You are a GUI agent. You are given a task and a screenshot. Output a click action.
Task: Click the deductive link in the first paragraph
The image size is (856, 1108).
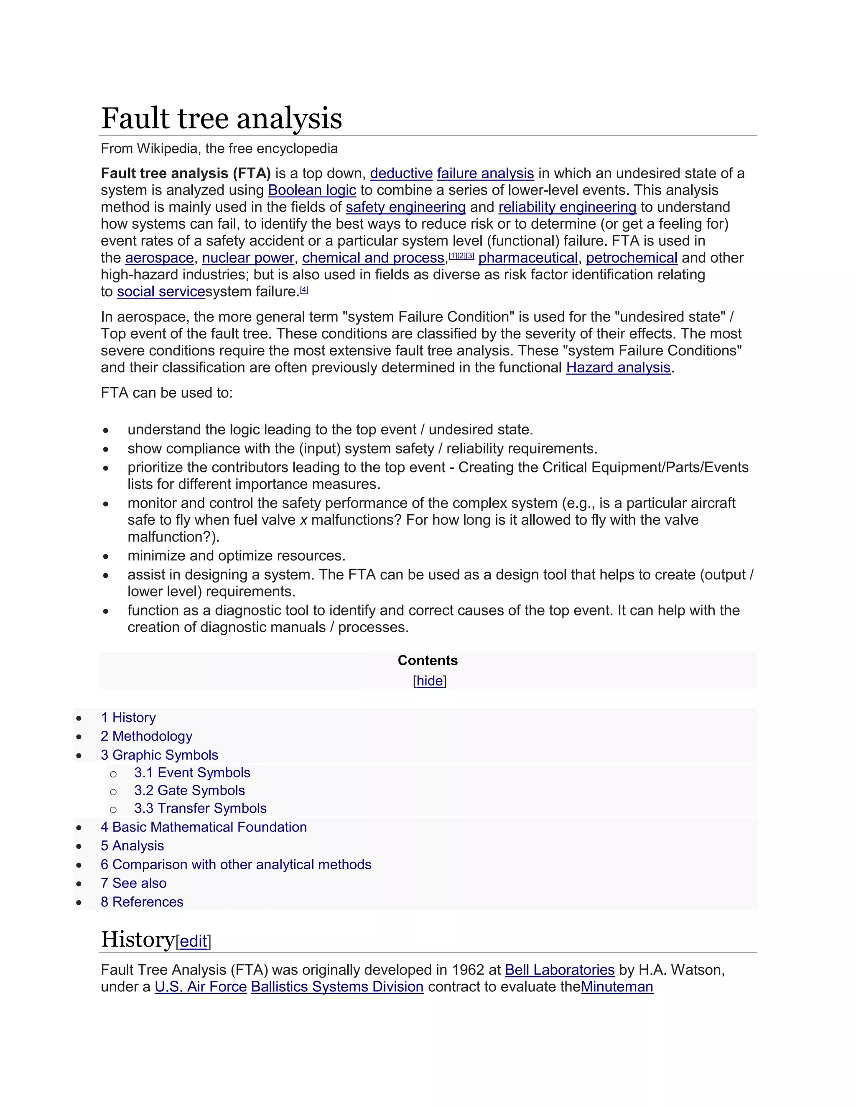[x=401, y=173]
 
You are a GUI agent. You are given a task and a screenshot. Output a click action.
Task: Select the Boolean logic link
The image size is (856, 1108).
[x=312, y=190]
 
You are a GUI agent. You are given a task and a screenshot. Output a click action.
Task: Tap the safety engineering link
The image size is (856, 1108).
[x=405, y=207]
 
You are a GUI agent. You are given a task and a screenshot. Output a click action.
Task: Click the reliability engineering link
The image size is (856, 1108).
[x=567, y=207]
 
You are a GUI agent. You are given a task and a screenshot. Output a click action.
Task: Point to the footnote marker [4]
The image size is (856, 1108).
[x=304, y=290]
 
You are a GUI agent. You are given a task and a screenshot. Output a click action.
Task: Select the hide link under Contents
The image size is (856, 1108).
[x=430, y=680]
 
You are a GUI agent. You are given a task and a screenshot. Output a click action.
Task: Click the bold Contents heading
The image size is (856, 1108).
[x=428, y=660]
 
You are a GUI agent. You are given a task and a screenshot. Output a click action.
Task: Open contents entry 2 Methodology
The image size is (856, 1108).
[x=147, y=736]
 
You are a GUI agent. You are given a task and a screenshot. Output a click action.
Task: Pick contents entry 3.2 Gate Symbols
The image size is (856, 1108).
[x=189, y=790]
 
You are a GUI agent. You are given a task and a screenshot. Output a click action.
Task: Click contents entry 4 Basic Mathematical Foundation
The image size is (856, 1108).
[x=204, y=827]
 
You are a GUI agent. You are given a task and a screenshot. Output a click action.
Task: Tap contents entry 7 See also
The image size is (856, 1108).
[x=133, y=883]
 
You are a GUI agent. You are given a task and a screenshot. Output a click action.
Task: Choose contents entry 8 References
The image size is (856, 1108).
[x=142, y=902]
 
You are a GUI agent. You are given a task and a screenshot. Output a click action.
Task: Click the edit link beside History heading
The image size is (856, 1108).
[x=193, y=941]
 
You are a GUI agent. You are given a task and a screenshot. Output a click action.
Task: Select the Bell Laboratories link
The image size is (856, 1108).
[x=559, y=970]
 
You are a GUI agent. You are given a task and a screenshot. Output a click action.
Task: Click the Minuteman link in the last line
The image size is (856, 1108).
[x=617, y=987]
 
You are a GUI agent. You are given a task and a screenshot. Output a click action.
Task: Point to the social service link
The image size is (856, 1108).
[x=161, y=292]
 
